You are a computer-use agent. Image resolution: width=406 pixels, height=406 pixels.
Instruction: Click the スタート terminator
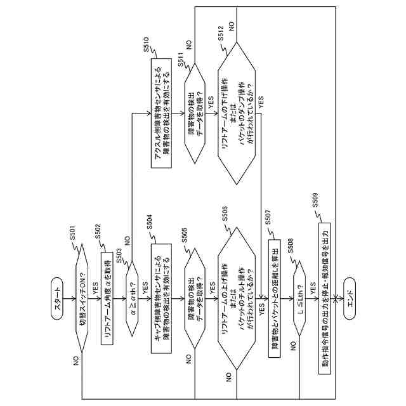57,298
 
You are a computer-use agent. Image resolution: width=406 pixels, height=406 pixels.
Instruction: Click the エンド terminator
350,298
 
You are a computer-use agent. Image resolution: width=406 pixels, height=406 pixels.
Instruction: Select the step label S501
73,233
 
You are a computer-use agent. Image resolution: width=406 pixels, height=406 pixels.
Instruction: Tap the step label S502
97,231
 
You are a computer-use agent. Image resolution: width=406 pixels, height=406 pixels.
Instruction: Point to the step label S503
119,256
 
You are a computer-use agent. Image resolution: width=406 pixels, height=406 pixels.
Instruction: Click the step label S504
150,222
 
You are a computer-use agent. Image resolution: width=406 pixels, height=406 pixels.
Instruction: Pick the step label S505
184,235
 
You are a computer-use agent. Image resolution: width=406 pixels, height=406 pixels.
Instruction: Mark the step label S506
225,214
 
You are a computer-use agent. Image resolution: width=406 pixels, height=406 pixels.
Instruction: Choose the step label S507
268,217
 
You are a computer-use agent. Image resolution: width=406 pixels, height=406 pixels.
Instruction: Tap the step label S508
291,246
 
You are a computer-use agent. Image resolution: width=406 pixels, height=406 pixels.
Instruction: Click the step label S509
315,200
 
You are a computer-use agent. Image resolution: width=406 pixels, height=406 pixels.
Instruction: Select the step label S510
147,44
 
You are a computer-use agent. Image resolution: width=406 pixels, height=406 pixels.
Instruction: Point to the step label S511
180,60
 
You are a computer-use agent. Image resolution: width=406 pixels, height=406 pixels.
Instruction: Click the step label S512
221,33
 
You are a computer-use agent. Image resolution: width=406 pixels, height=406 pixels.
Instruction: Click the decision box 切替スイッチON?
82,298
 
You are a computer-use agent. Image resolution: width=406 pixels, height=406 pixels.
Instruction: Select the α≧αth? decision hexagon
132,298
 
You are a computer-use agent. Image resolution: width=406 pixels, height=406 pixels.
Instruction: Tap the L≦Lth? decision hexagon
299,298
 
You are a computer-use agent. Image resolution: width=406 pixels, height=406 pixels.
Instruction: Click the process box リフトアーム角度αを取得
107,298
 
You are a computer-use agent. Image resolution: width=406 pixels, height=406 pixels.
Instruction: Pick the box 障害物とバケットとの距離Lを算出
274,298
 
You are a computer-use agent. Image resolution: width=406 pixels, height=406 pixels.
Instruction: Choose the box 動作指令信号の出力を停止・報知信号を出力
324,298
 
